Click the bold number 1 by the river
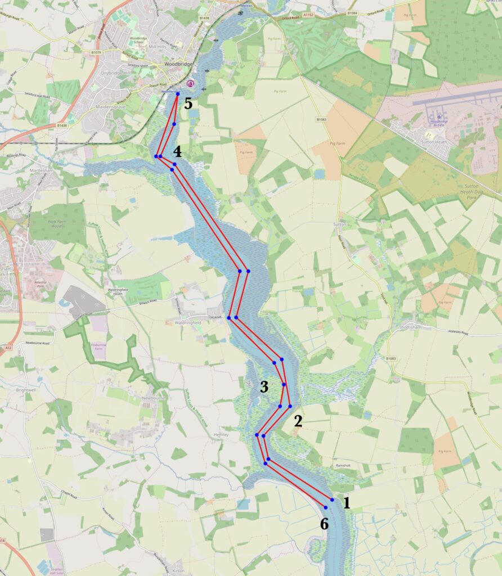pyautogui.click(x=347, y=503)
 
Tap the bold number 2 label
pyautogui.click(x=298, y=422)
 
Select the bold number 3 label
pyautogui.click(x=264, y=386)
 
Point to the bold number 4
pyautogui.click(x=177, y=151)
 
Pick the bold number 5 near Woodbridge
pyautogui.click(x=188, y=103)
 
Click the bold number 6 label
pyautogui.click(x=324, y=524)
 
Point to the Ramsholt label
pyautogui.click(x=343, y=466)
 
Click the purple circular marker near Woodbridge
pyautogui.click(x=190, y=83)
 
